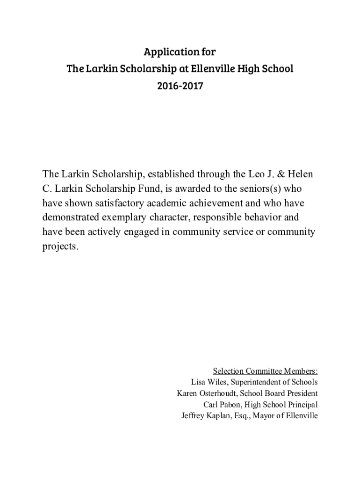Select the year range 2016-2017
180,86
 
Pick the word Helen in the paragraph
301,174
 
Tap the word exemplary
135,218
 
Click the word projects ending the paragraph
60,247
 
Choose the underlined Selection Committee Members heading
265,371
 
